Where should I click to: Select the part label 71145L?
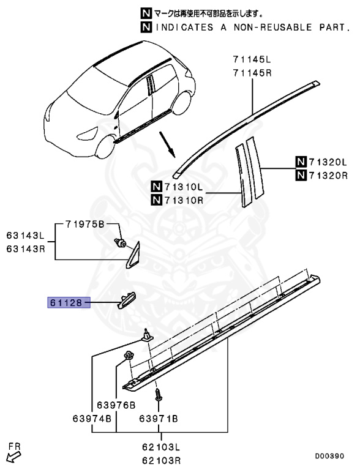point(251,59)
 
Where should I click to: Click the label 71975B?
point(85,223)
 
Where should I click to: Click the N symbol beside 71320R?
point(300,176)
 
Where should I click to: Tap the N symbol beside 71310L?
point(157,186)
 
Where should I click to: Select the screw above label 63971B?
point(157,395)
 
